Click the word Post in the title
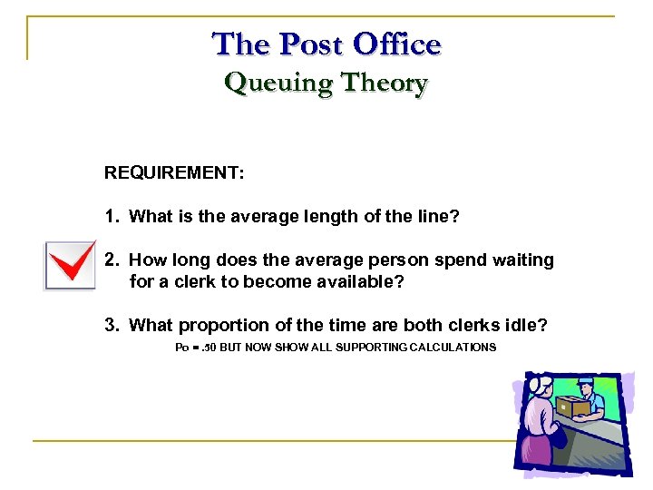tap(313, 44)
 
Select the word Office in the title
tap(397, 44)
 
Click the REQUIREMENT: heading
tap(174, 172)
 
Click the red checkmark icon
tap(70, 265)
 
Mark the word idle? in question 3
tap(527, 325)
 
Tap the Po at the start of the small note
tap(181, 348)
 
